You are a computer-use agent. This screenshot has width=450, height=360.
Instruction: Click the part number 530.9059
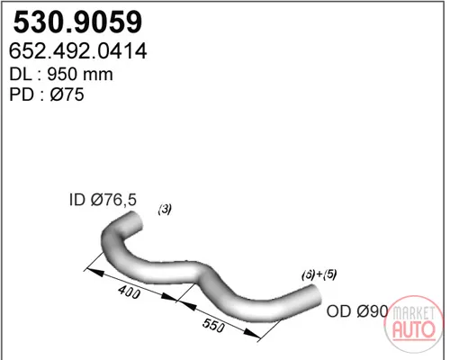click(77, 22)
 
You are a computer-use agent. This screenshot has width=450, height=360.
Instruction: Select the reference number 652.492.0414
click(78, 51)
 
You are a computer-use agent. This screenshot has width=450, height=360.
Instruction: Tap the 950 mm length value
click(80, 74)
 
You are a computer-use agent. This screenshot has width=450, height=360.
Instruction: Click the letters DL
click(21, 74)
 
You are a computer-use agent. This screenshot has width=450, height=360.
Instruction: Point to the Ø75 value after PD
click(67, 94)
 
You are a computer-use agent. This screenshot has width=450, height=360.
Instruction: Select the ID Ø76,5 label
click(103, 200)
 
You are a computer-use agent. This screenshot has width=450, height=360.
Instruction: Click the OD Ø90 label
click(357, 311)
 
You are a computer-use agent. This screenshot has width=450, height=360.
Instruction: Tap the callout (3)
click(165, 209)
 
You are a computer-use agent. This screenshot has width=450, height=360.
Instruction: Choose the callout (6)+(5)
click(319, 274)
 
